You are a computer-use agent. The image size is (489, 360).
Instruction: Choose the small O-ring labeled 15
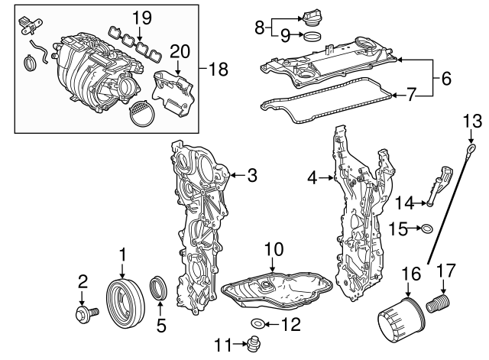tap(428, 227)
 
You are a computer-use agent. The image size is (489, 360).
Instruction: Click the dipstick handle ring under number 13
tap(473, 148)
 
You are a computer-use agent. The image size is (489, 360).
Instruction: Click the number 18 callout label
tap(219, 69)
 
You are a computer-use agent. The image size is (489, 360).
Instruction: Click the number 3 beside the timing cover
tap(251, 175)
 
